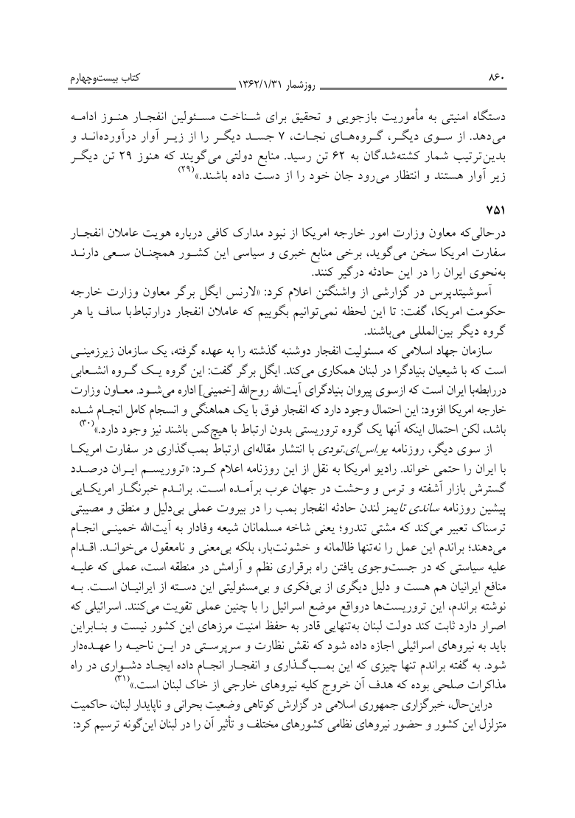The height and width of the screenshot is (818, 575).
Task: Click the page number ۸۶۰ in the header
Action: click(x=61, y=74)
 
